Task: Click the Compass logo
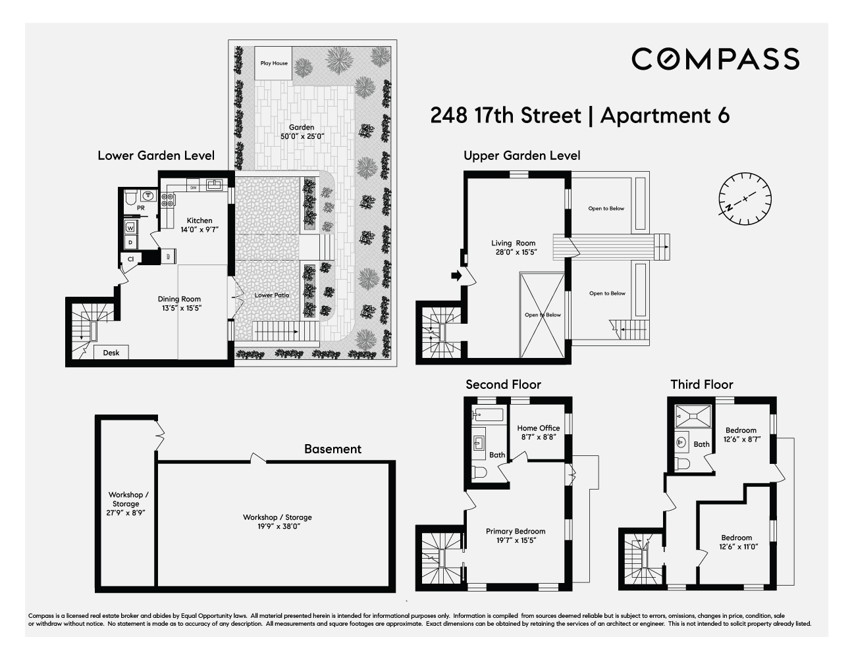[x=715, y=59]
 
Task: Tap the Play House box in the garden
[x=274, y=63]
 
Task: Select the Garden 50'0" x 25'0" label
[x=302, y=132]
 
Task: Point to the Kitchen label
[x=200, y=225]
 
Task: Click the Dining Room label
[x=179, y=303]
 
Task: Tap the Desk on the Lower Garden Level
[x=111, y=353]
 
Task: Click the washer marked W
[x=130, y=228]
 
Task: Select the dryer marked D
[x=130, y=242]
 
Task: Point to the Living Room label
[x=514, y=247]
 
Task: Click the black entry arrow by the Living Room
[x=455, y=276]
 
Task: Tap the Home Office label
[x=539, y=432]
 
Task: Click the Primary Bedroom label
[x=516, y=536]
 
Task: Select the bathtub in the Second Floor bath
[x=488, y=415]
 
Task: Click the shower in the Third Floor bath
[x=693, y=416]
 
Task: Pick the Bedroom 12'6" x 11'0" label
[x=736, y=542]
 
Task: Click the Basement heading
[x=333, y=449]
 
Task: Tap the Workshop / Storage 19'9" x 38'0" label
[x=277, y=521]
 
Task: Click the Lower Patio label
[x=272, y=295]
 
